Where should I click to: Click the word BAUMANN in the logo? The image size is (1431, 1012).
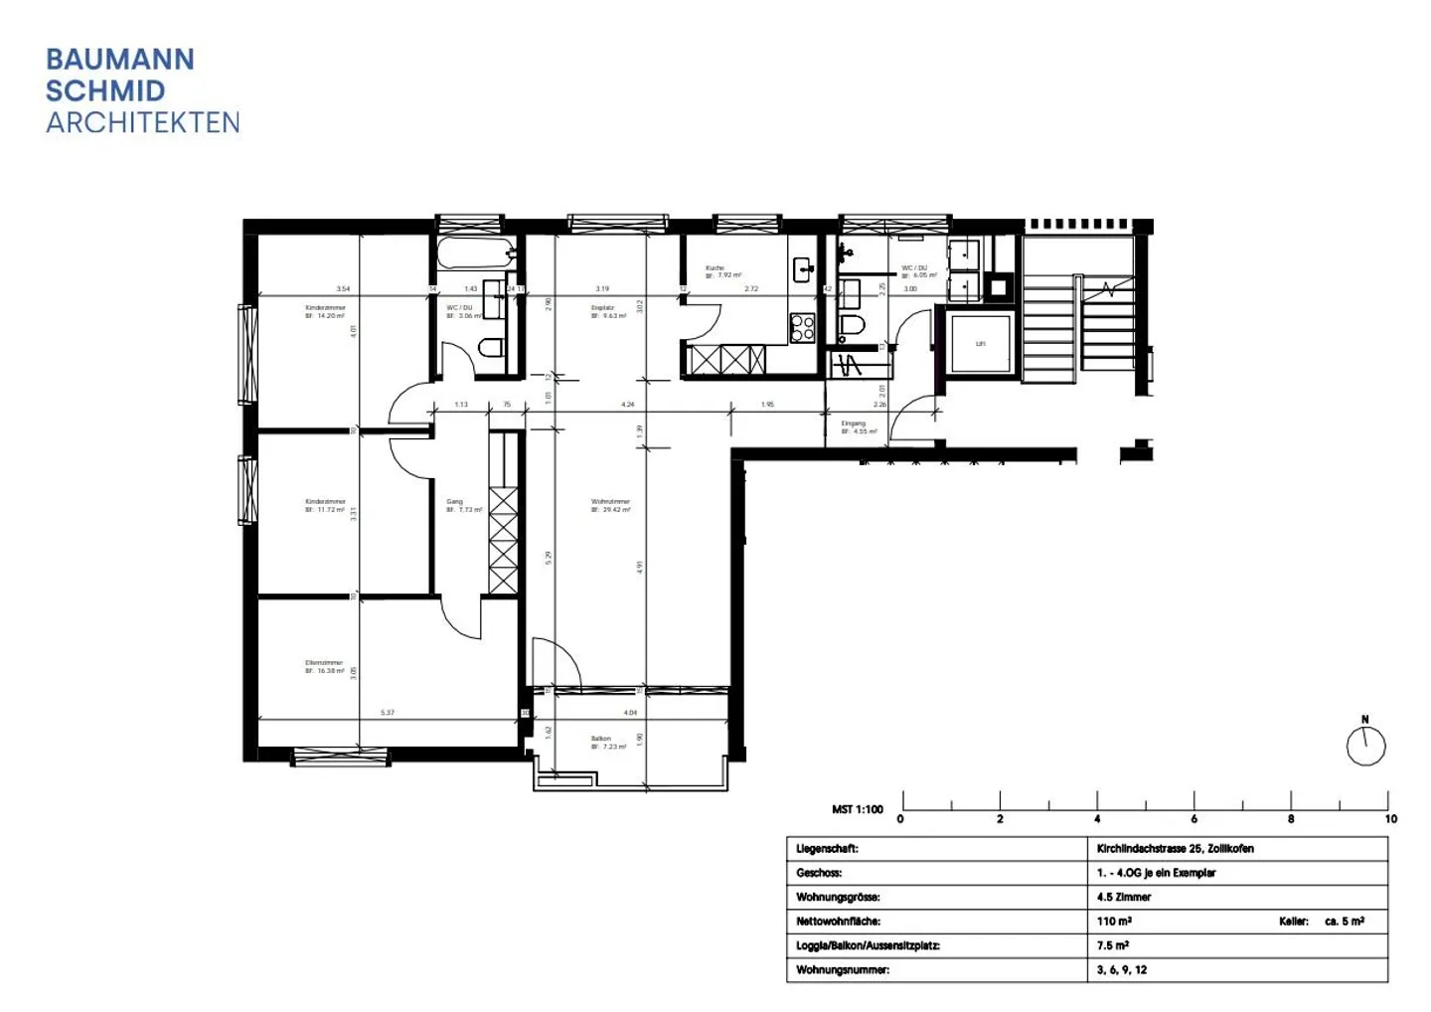(120, 60)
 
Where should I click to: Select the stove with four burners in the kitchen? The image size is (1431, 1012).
(802, 327)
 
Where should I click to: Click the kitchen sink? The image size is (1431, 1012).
(803, 267)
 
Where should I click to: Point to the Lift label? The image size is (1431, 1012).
(980, 344)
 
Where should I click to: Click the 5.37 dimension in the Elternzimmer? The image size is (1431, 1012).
(388, 713)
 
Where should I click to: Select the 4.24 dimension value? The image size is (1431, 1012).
(627, 405)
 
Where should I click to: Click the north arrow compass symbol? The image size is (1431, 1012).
(1365, 745)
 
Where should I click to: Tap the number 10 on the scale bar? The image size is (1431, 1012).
(1390, 819)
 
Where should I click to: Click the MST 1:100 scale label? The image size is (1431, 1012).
(857, 809)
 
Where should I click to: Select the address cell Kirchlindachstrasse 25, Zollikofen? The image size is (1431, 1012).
(1175, 849)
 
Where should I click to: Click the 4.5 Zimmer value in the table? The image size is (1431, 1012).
(1123, 897)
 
